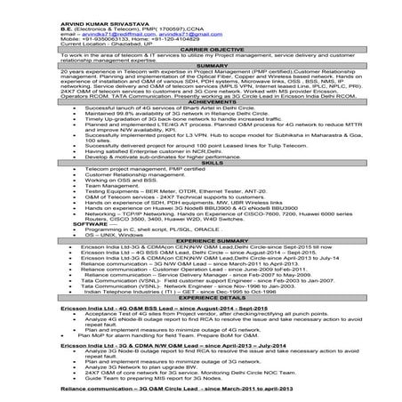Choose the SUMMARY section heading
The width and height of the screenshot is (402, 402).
click(200, 65)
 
